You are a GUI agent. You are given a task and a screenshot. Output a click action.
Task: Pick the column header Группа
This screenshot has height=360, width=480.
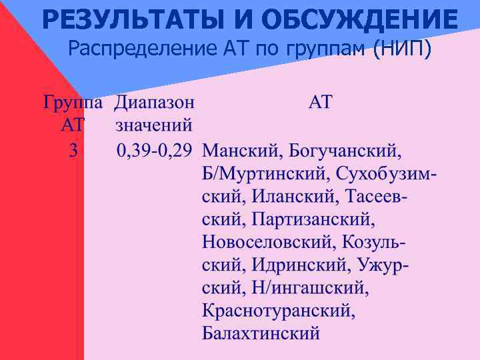click(73, 103)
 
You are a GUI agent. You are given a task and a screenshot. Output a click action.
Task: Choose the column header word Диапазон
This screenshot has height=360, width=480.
click(154, 103)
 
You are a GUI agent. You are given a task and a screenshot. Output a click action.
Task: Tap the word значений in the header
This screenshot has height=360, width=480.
click(154, 125)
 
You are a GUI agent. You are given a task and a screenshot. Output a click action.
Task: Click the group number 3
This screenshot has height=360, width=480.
click(73, 151)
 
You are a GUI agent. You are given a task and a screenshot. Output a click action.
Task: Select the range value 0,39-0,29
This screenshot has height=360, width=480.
click(154, 151)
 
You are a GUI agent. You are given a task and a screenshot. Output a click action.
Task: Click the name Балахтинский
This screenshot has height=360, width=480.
click(261, 333)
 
